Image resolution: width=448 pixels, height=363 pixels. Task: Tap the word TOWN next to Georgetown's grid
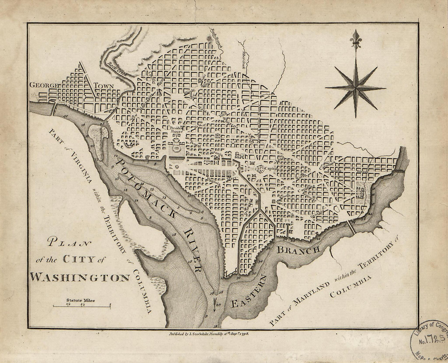[x=104, y=86]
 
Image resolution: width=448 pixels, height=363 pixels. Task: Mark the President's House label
[x=176, y=129]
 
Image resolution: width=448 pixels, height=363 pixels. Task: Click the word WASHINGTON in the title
[x=80, y=277]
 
